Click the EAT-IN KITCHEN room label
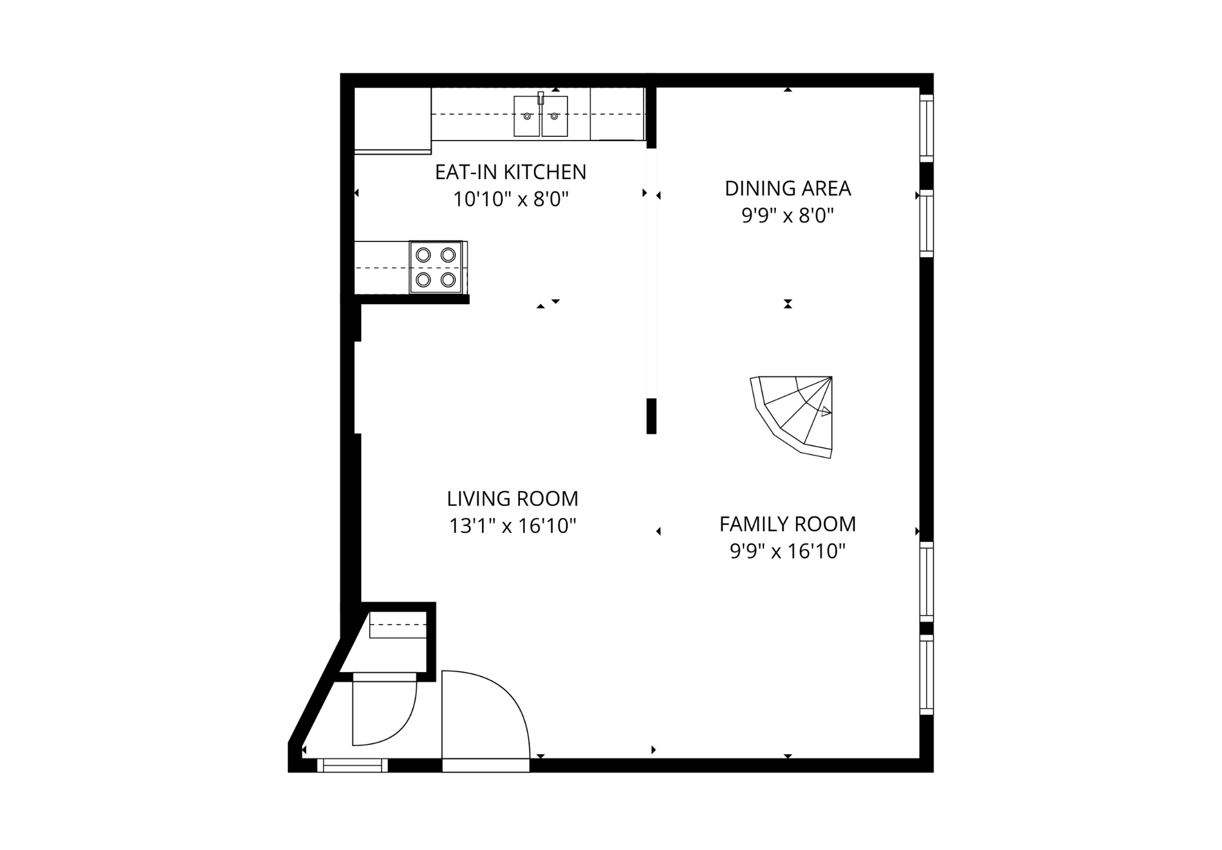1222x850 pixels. click(x=510, y=172)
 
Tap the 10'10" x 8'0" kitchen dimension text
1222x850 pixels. click(x=510, y=199)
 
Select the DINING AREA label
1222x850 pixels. click(x=788, y=188)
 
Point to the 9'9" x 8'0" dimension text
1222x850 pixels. click(x=788, y=216)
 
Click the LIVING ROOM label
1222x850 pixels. click(x=512, y=499)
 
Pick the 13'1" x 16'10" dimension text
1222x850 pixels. click(x=512, y=526)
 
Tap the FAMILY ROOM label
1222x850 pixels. click(x=788, y=524)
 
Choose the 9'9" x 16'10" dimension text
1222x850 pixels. click(x=788, y=552)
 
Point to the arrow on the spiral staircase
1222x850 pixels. click(x=825, y=411)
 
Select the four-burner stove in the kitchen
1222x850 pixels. click(x=436, y=267)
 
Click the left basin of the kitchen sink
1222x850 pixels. click(x=527, y=116)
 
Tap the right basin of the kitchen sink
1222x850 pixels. click(x=554, y=116)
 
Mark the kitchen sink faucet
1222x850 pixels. click(x=541, y=98)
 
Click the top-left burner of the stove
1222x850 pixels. click(x=423, y=255)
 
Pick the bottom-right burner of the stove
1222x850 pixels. click(x=448, y=280)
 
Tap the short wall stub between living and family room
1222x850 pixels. click(x=651, y=416)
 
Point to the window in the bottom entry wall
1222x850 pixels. click(x=353, y=765)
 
